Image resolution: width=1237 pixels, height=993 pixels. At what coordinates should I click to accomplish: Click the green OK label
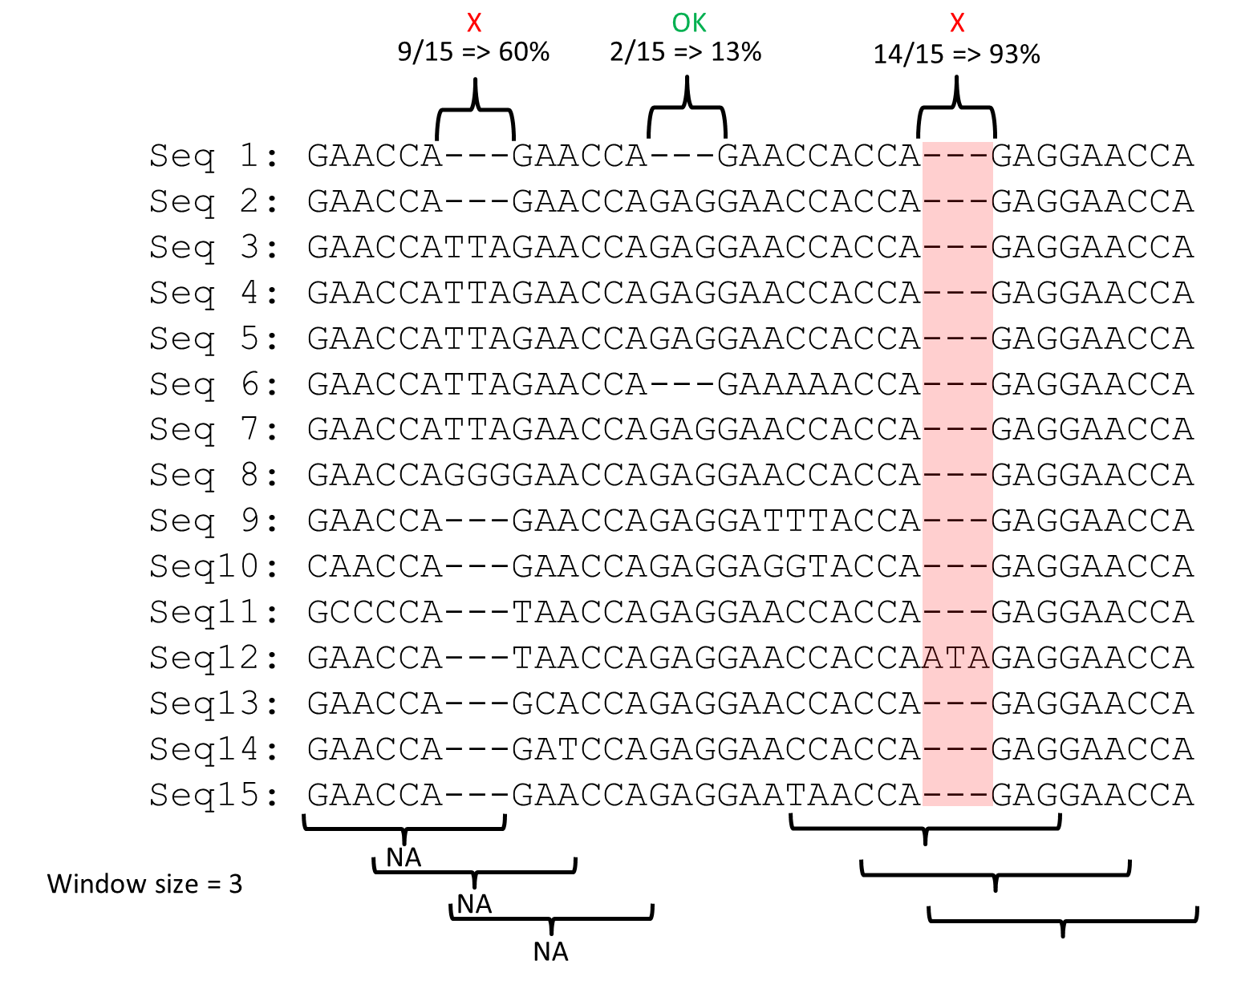[689, 22]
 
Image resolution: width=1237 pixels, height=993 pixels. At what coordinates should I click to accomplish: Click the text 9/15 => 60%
[473, 52]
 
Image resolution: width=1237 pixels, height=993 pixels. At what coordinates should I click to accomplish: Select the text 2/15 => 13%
[685, 52]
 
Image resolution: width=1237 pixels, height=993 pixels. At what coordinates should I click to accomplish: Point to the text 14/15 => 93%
[956, 55]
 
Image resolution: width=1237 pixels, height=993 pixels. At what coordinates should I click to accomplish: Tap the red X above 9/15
[474, 22]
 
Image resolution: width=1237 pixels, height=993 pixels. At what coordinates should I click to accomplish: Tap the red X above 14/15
[956, 22]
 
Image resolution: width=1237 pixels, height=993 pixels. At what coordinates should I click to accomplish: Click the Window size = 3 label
[144, 884]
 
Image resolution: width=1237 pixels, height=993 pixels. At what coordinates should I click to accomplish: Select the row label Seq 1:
[214, 156]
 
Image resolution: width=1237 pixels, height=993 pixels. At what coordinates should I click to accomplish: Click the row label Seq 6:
[214, 384]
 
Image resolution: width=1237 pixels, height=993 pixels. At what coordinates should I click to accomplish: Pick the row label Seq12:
[214, 659]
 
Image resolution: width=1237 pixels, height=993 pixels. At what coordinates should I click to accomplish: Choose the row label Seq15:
[214, 796]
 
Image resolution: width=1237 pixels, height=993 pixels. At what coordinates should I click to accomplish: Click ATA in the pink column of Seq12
[956, 659]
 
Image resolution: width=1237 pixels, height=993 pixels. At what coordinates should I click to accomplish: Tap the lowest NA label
[550, 952]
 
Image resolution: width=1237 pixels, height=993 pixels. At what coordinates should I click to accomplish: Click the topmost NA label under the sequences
[404, 858]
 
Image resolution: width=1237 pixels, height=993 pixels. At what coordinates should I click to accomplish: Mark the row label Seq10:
[214, 567]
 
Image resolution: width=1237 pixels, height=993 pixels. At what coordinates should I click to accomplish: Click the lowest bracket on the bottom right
[1062, 918]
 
